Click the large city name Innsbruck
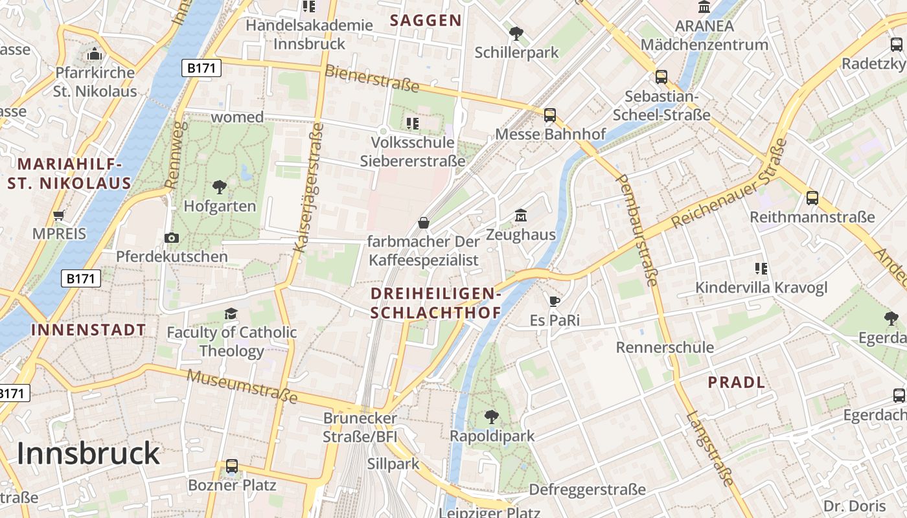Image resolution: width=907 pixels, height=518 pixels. [x=88, y=453]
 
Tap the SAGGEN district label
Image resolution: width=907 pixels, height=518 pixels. [x=426, y=20]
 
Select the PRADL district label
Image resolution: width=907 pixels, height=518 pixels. [x=737, y=382]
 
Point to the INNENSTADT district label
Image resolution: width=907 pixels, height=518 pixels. [x=89, y=330]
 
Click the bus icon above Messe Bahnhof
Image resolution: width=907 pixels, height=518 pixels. [x=549, y=115]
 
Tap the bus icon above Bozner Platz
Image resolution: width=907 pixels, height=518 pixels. [x=231, y=466]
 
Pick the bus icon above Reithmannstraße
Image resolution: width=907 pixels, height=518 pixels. [x=812, y=198]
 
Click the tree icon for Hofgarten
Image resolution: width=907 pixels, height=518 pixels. [x=220, y=187]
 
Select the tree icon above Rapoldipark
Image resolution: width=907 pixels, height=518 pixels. [x=492, y=416]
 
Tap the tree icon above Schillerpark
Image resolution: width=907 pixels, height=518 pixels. [x=516, y=33]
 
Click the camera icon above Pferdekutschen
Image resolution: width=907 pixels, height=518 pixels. [x=172, y=238]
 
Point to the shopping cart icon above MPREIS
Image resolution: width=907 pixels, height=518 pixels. [x=59, y=215]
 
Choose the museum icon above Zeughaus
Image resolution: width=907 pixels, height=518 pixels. [x=521, y=215]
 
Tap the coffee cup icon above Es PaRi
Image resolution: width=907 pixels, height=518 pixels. [x=554, y=300]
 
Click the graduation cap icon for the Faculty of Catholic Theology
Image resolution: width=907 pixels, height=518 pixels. [x=231, y=314]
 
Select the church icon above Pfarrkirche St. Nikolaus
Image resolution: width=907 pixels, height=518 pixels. [x=95, y=53]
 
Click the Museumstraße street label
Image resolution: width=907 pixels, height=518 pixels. [x=242, y=386]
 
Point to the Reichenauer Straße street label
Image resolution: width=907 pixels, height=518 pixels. [x=729, y=183]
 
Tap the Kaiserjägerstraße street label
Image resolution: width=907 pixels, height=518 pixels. [x=308, y=188]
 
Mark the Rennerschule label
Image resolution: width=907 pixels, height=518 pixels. [x=665, y=347]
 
